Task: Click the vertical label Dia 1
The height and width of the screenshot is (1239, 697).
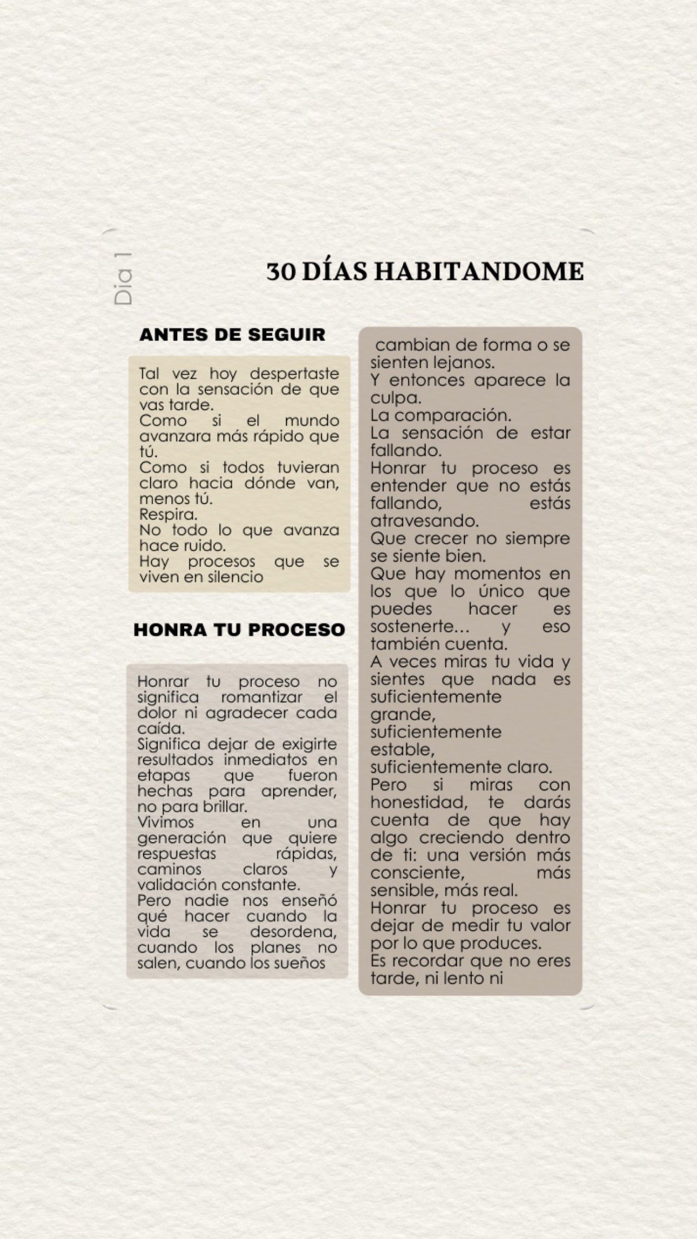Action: pos(124,279)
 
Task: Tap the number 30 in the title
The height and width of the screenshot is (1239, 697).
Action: pos(281,272)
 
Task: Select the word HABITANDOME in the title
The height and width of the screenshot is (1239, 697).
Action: pos(479,272)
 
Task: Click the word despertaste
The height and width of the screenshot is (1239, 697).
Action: pos(294,373)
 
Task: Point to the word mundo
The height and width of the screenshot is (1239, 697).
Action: pos(312,420)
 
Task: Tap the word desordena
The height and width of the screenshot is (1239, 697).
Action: pos(293,932)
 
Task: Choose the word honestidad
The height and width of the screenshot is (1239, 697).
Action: pos(419,802)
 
